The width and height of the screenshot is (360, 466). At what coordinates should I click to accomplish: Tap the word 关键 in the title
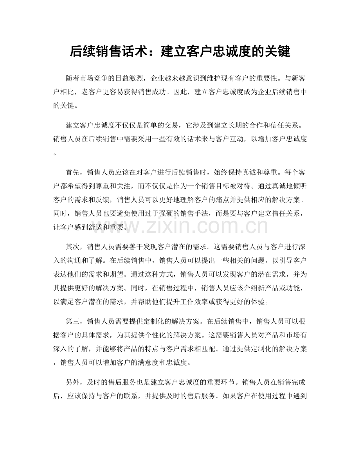pyautogui.click(x=277, y=51)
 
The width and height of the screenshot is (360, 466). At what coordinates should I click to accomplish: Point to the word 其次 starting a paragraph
pyautogui.click(x=74, y=246)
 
